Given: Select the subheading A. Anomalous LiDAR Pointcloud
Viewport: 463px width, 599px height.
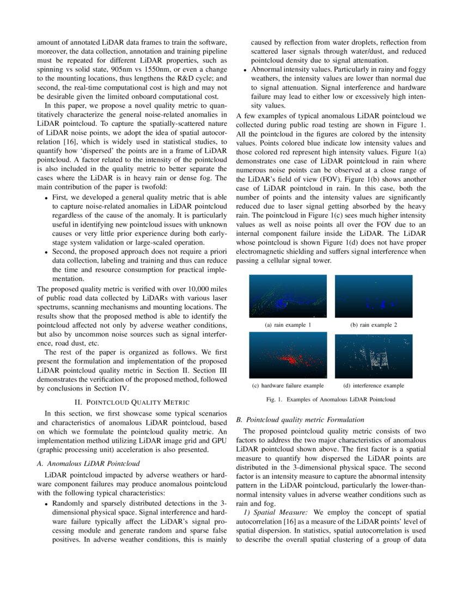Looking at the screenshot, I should pos(88,463).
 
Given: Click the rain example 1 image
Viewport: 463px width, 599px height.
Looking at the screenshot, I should pos(288,296).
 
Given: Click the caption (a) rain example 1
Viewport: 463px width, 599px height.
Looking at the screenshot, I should pos(288,325).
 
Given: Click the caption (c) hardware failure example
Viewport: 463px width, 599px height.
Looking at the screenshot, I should pos(288,386).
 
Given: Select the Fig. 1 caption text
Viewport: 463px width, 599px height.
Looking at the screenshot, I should pos(331,399).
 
